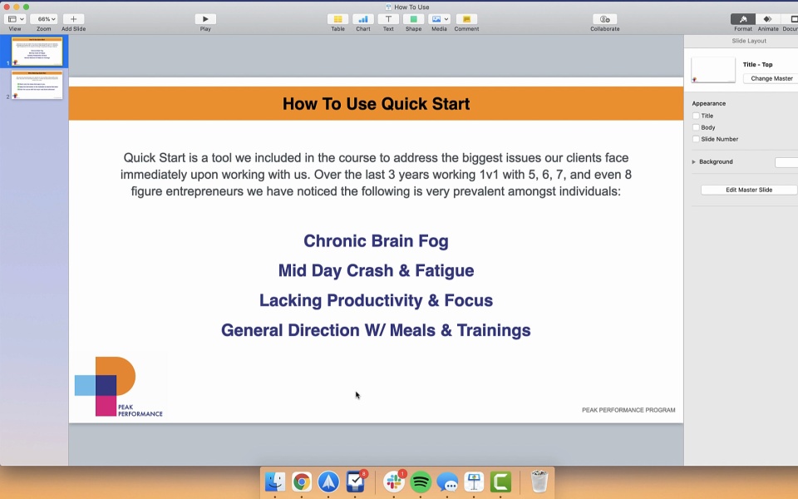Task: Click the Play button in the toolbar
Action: pyautogui.click(x=205, y=19)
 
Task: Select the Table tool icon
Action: pyautogui.click(x=337, y=19)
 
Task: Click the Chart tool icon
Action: pyautogui.click(x=363, y=19)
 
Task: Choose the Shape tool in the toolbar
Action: pyautogui.click(x=413, y=19)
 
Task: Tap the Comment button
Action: pyautogui.click(x=466, y=19)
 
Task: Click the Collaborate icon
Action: pyautogui.click(x=604, y=19)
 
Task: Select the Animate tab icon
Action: pyautogui.click(x=767, y=19)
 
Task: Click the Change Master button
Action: pyautogui.click(x=771, y=78)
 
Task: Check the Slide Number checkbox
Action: pyautogui.click(x=697, y=139)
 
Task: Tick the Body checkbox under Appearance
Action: pyautogui.click(x=697, y=127)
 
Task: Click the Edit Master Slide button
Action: pyautogui.click(x=749, y=190)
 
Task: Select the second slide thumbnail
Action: pyautogui.click(x=37, y=85)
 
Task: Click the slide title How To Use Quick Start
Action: pyautogui.click(x=376, y=104)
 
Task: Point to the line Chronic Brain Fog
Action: pyautogui.click(x=376, y=241)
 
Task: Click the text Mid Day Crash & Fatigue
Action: pyautogui.click(x=376, y=271)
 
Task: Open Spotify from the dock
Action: pyautogui.click(x=421, y=482)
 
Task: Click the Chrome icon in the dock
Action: pyautogui.click(x=302, y=482)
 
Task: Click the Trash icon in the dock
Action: pyautogui.click(x=539, y=482)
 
